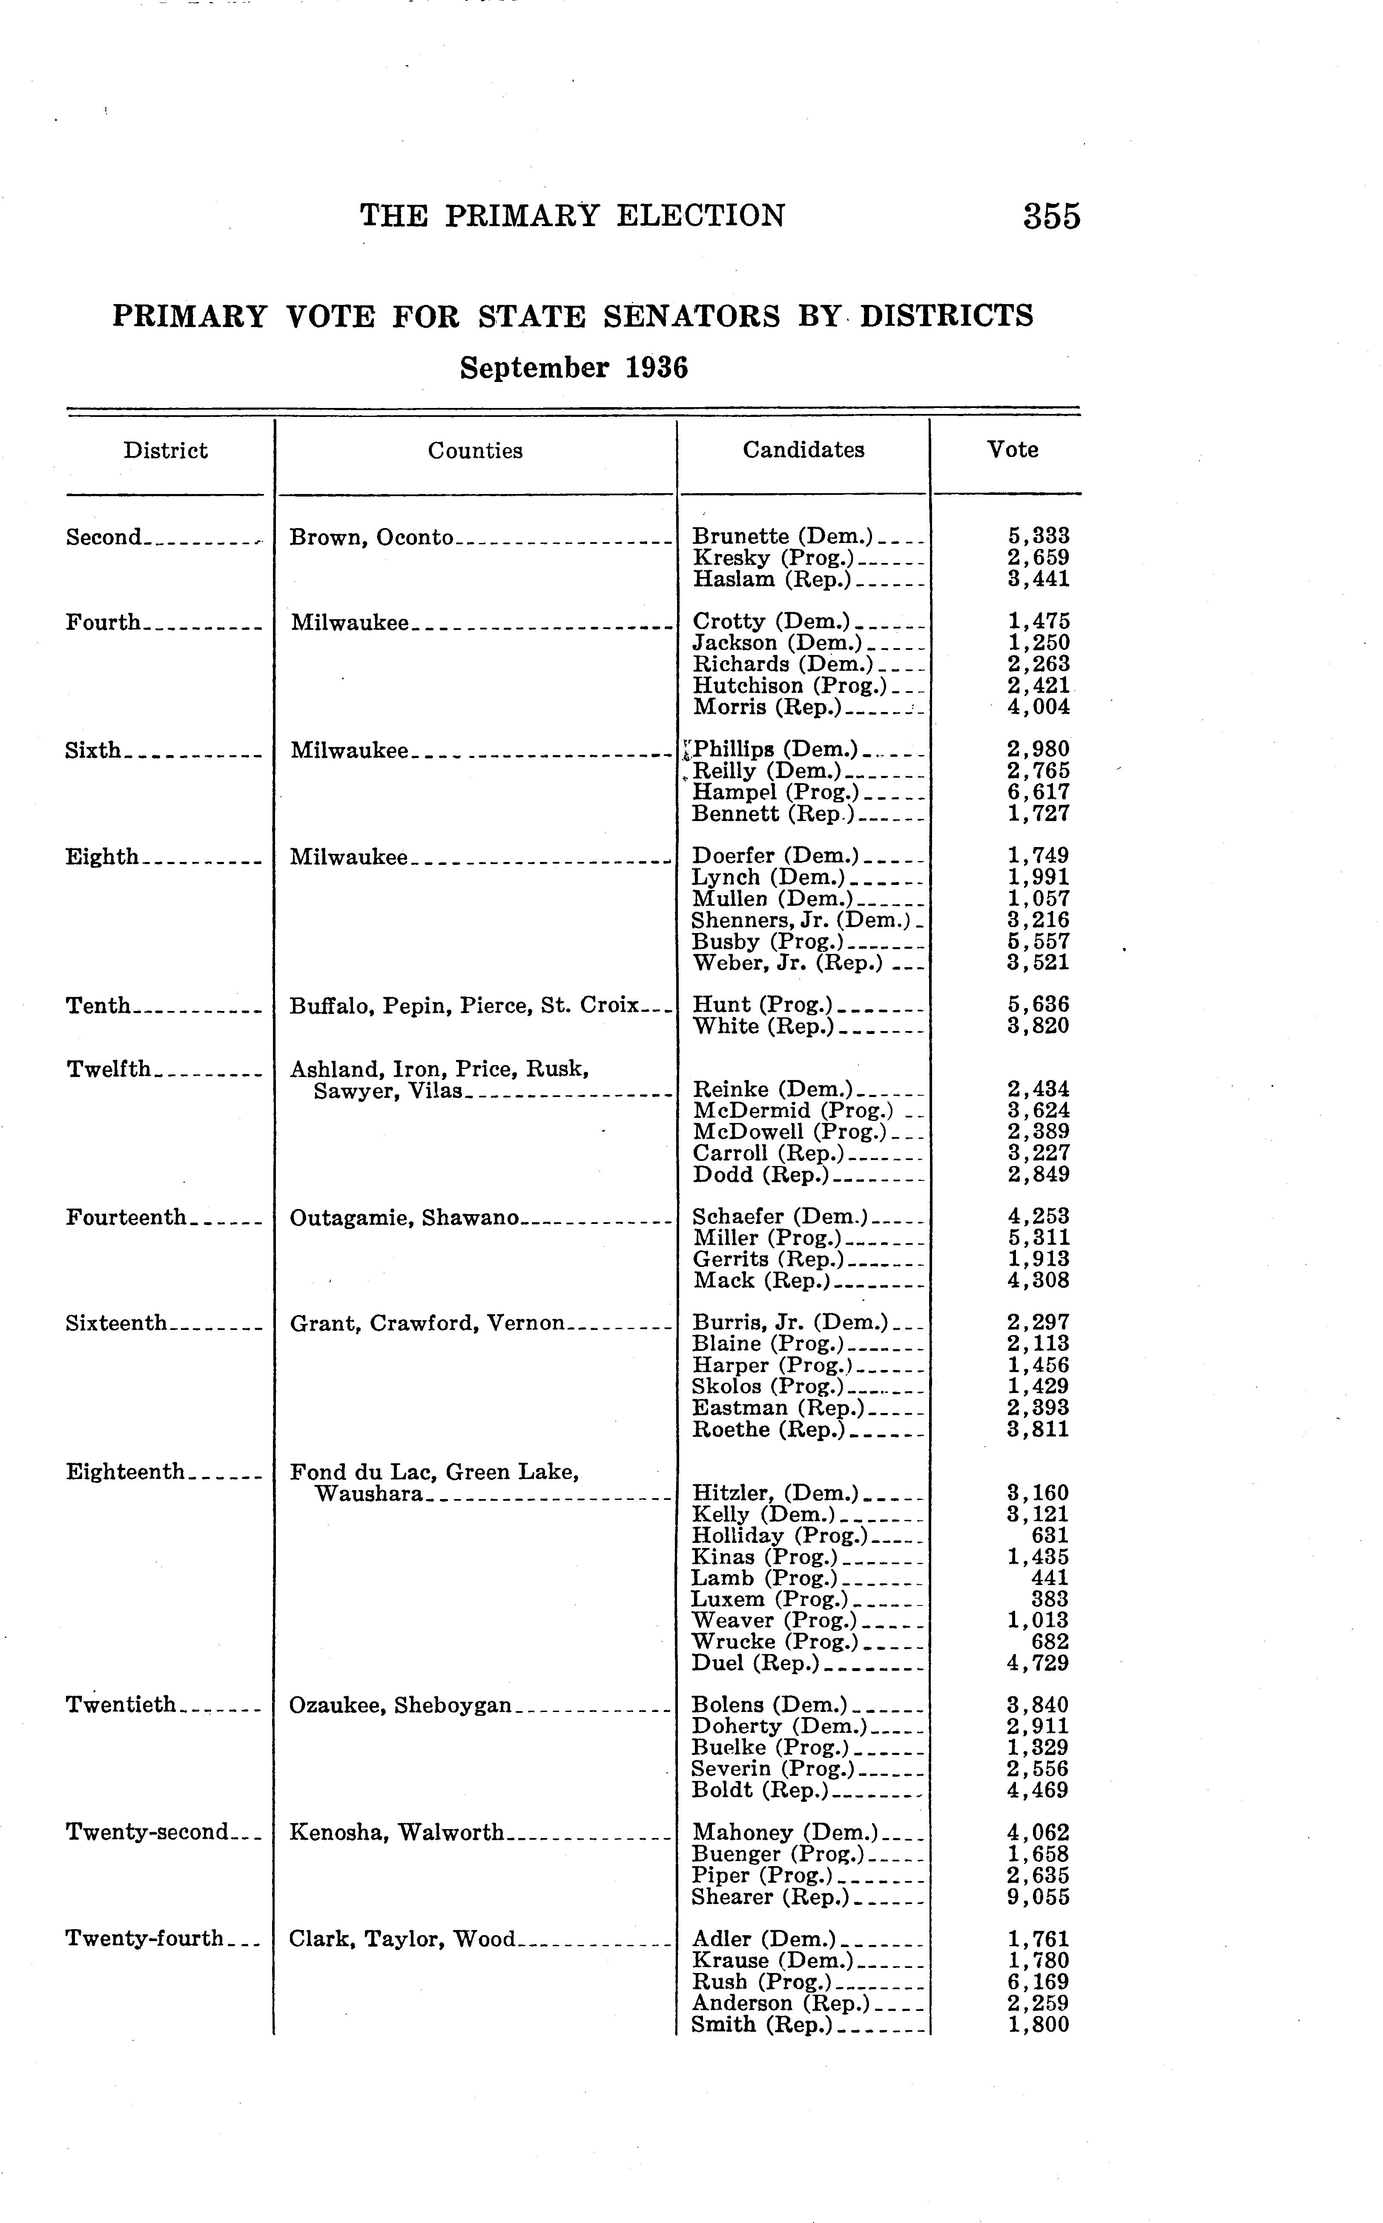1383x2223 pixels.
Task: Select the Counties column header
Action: [x=475, y=450]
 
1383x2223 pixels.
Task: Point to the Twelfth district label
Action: [x=108, y=1069]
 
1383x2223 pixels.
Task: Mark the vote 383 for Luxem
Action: [x=1050, y=1599]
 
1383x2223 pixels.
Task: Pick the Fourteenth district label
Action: [x=126, y=1217]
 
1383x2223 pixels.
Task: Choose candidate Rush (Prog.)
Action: [x=761, y=1982]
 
